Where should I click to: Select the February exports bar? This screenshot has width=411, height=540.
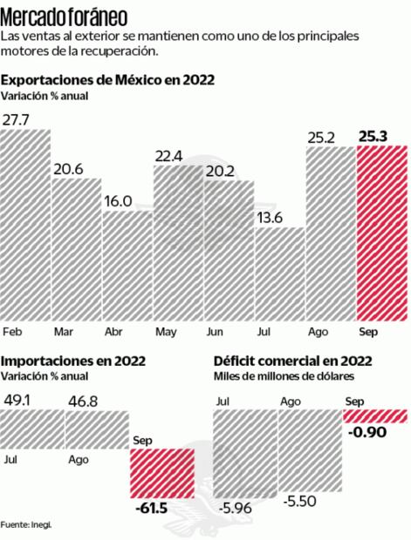(26, 226)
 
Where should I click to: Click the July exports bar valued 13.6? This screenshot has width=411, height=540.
(280, 274)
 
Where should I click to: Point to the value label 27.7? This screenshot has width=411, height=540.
(17, 118)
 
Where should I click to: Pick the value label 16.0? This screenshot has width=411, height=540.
(117, 200)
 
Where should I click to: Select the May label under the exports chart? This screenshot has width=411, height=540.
(165, 332)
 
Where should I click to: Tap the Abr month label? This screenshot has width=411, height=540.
(113, 332)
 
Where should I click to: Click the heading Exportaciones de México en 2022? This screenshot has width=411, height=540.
(107, 81)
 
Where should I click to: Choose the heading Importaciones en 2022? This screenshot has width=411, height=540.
(73, 361)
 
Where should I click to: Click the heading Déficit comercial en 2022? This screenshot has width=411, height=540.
(293, 361)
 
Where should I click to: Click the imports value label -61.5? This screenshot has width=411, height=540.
(150, 507)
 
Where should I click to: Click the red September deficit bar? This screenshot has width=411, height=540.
(375, 415)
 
